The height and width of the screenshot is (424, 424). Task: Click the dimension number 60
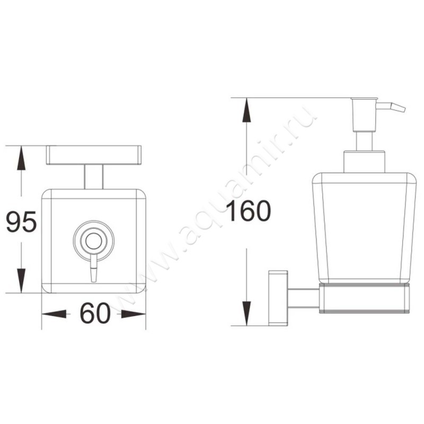(x=95, y=314)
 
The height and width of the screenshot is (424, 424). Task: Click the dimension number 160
(x=249, y=211)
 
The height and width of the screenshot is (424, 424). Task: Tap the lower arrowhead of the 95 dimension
(x=21, y=280)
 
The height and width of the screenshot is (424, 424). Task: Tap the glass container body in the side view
(x=363, y=228)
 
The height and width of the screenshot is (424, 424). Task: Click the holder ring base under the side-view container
(x=365, y=299)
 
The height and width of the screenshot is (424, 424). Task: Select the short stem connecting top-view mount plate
(x=93, y=176)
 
